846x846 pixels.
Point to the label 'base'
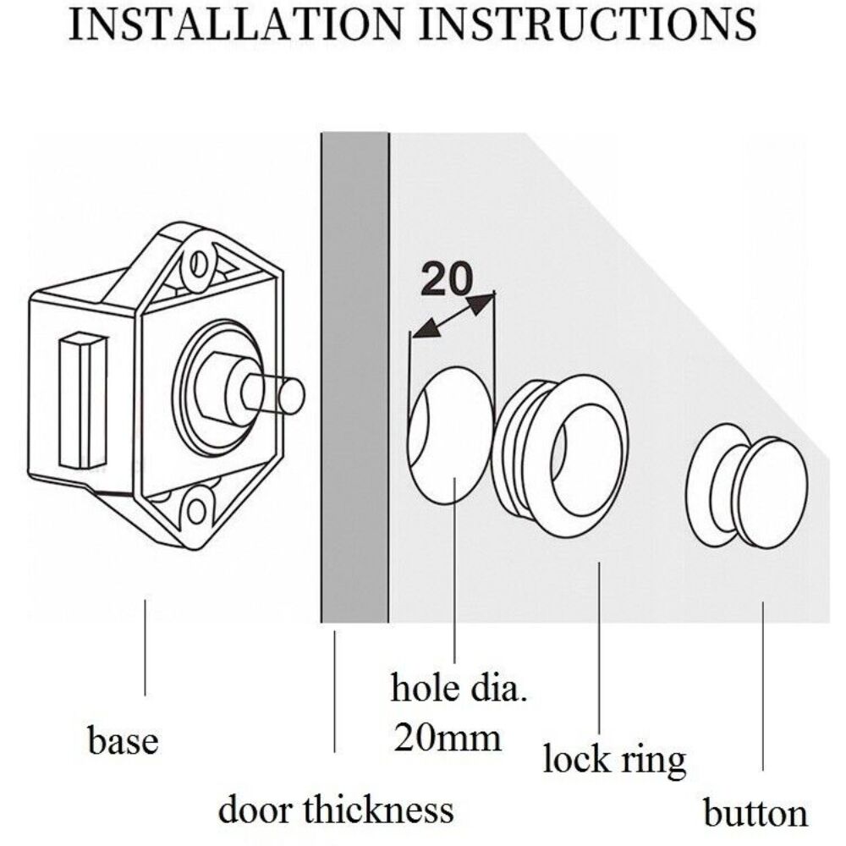point(123,741)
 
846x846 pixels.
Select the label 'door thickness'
point(336,809)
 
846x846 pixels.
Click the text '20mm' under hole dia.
point(447,738)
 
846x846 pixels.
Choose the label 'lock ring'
point(613,758)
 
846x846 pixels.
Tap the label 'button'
point(755,814)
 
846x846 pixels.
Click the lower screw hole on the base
point(197,510)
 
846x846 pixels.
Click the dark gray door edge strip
point(354,381)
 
